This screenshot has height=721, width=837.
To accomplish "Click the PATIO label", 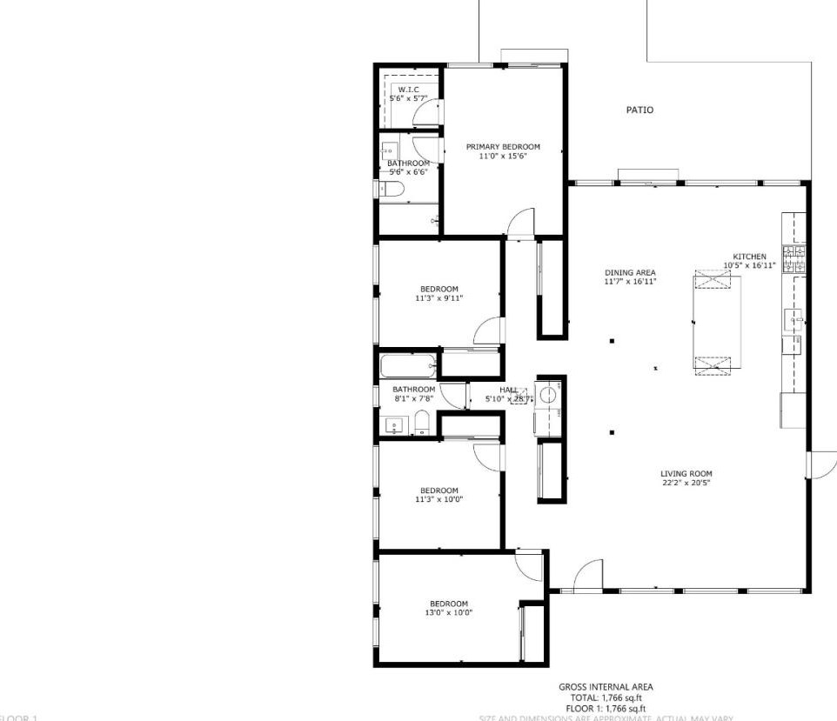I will point(639,110).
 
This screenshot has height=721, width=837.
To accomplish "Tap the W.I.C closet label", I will point(408,90).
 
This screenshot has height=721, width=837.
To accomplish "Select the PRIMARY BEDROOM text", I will point(502,147).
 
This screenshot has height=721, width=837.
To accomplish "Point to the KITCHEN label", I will point(749,257).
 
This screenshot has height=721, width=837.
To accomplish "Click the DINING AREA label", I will point(631,273).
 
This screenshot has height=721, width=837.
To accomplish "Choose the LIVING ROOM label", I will point(686,474).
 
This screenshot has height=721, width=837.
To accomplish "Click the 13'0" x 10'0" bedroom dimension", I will point(448,612).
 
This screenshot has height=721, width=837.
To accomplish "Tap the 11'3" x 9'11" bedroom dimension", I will point(439,298).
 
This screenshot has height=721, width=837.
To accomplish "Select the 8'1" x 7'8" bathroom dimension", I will point(413,398).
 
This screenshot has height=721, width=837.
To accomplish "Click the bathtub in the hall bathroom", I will point(407,364).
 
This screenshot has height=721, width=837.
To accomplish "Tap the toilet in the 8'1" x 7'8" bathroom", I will point(421,424).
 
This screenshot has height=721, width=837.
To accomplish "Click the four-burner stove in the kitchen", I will point(793,258).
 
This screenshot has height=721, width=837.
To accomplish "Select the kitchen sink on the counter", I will point(793,319).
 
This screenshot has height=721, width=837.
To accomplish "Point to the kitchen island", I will point(717,323).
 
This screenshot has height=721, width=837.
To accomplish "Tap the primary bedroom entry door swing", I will point(520,223).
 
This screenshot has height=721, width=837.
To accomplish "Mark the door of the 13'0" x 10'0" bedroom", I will point(528,565).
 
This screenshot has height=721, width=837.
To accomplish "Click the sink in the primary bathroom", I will point(390,149).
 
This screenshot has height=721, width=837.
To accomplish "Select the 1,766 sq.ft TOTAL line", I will point(606,698).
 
